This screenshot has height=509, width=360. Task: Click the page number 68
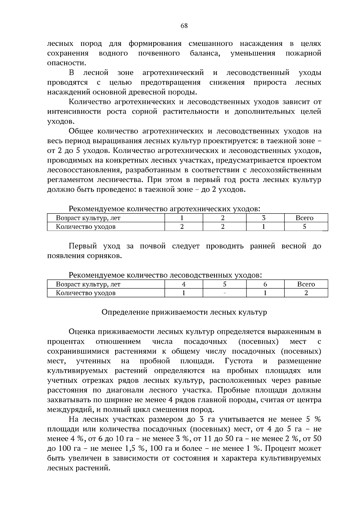(184, 26)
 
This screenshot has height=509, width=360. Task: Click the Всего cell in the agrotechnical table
(304, 218)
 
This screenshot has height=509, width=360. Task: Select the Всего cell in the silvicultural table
(306, 284)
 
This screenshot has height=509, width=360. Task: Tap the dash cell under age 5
(224, 293)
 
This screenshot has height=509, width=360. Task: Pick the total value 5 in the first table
(304, 227)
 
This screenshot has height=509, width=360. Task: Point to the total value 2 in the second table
(306, 293)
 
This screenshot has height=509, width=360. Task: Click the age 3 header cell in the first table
(264, 218)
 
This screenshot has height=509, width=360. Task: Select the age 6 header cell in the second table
(265, 284)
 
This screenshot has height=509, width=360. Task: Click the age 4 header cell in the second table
(184, 284)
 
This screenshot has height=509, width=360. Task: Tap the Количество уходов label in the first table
(86, 227)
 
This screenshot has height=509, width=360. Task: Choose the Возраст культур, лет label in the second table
(88, 284)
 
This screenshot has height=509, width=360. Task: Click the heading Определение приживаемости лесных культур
(184, 312)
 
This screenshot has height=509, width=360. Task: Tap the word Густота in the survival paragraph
(238, 361)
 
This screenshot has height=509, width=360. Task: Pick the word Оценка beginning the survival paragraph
(81, 332)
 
